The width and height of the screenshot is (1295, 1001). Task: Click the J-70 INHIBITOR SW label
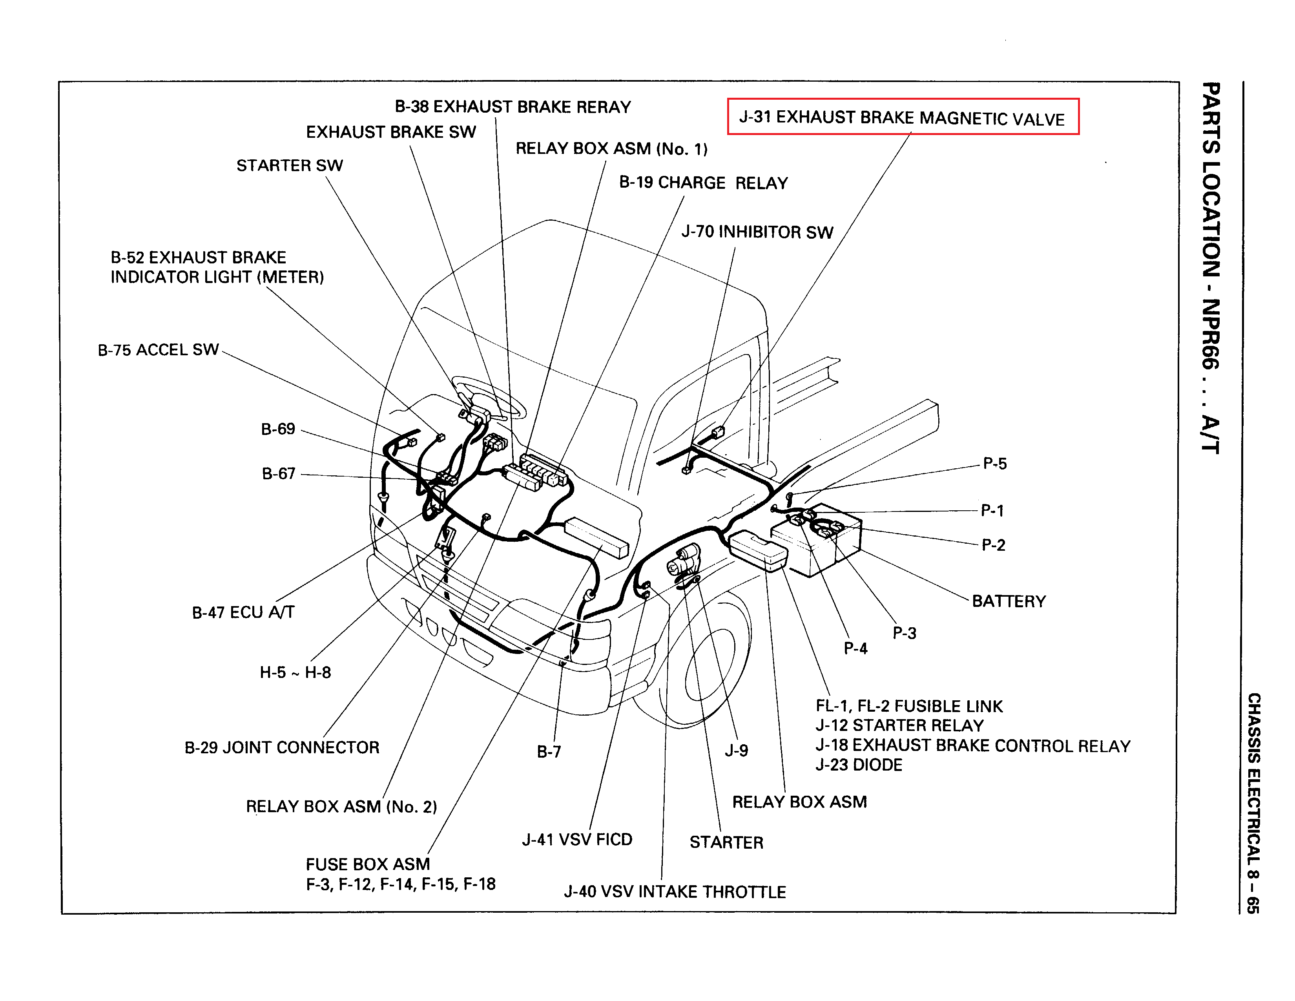757,232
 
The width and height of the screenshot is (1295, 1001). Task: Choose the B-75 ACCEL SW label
158,350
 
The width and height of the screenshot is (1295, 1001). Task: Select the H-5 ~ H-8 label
295,672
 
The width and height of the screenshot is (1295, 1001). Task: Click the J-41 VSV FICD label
577,840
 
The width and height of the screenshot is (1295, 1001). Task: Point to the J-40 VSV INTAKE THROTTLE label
675,892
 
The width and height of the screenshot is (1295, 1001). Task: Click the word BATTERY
1009,601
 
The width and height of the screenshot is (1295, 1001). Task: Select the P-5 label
994,464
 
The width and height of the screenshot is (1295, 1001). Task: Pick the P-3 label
904,633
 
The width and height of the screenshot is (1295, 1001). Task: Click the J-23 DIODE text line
859,765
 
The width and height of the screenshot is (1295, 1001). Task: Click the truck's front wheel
711,652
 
